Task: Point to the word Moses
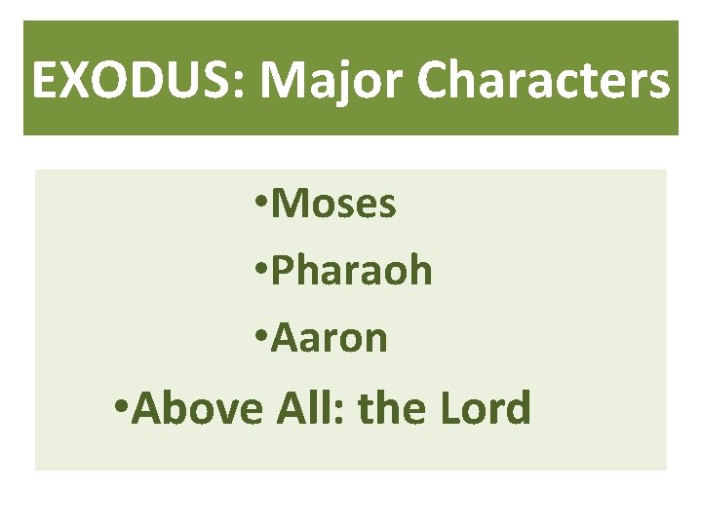pos(333,205)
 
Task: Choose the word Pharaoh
pos(351,272)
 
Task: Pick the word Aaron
pos(330,339)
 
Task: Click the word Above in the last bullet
pos(196,408)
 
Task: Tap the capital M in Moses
pos(289,205)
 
